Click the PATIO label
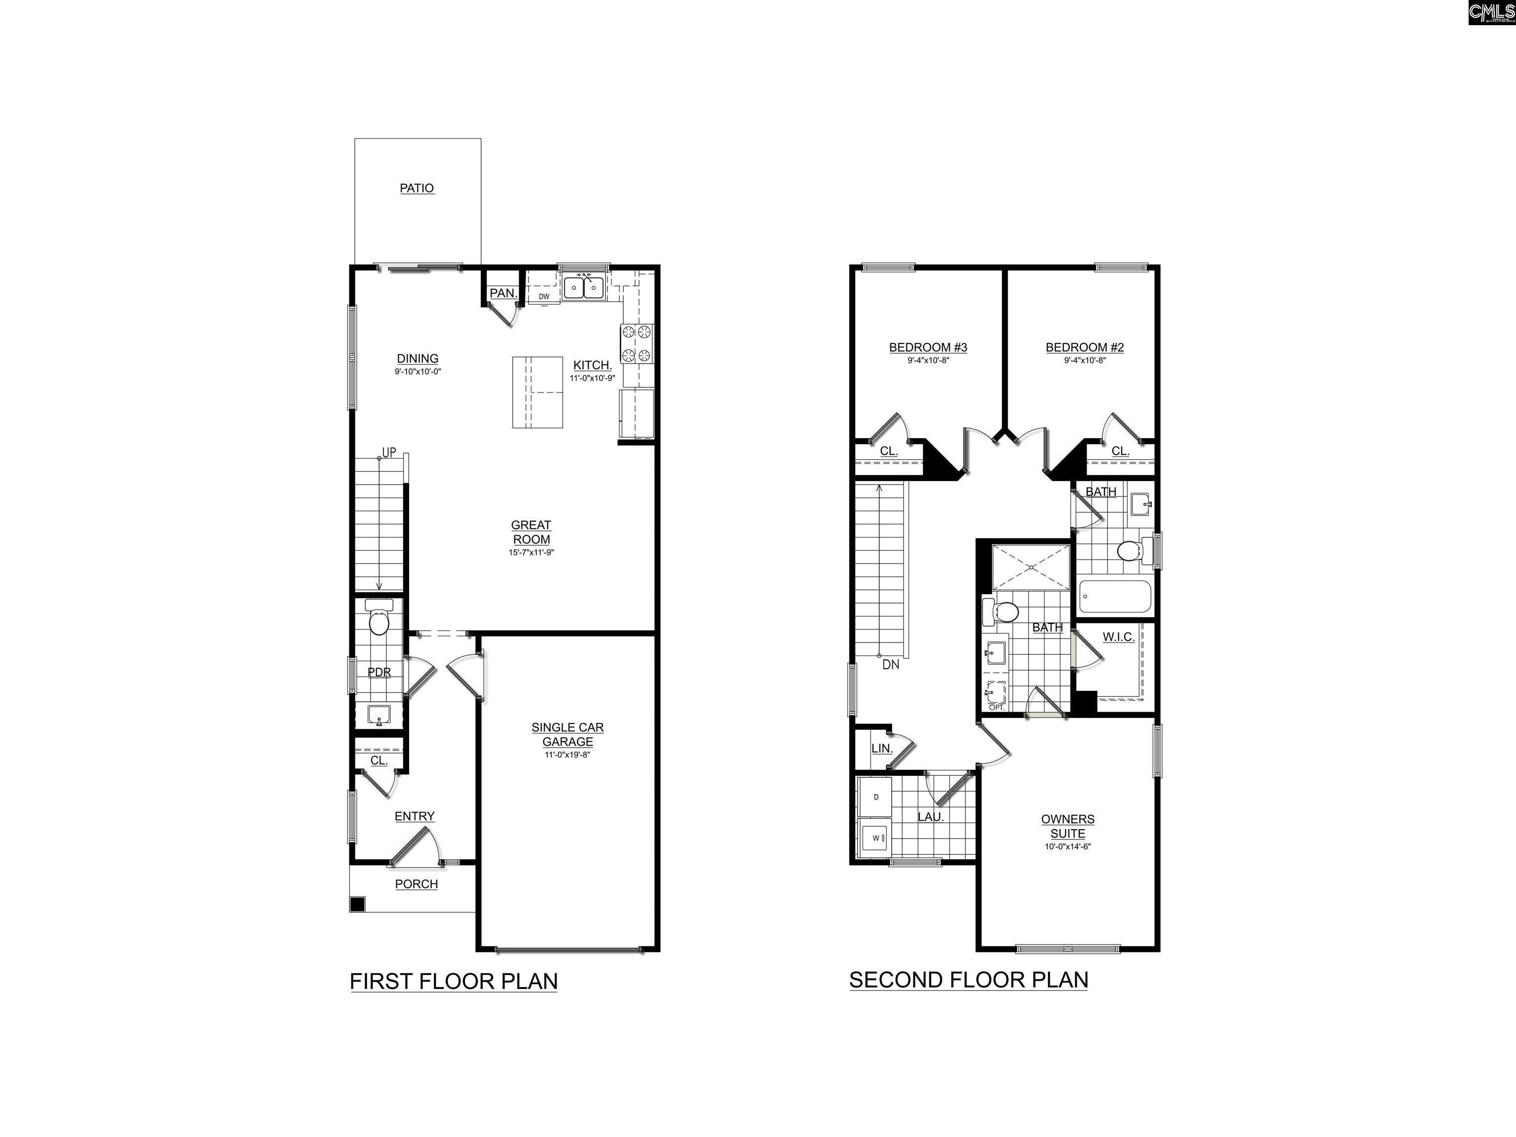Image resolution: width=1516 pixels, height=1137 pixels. [x=417, y=188]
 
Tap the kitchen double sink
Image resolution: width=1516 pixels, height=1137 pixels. [x=583, y=288]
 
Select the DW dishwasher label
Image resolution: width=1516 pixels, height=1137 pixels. [x=543, y=297]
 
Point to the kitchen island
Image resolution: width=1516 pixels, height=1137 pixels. [x=537, y=392]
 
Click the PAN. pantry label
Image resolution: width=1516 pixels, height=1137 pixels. [x=502, y=293]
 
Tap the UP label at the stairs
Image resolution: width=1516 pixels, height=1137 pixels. [x=388, y=453]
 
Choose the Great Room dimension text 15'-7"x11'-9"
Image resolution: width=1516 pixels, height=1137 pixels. [x=531, y=552]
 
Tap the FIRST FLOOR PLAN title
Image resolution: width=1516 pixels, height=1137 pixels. [x=454, y=982]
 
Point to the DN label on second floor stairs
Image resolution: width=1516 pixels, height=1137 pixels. [x=890, y=664]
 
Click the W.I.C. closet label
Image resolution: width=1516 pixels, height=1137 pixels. [x=1119, y=637]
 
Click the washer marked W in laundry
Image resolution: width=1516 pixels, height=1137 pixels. [x=876, y=837]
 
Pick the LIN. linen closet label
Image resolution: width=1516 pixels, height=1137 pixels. [x=881, y=749]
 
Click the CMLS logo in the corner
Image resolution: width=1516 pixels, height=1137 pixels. [x=1491, y=12]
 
